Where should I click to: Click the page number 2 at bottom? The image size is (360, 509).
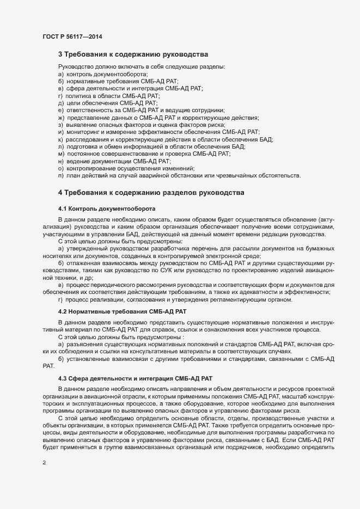tap(44, 463)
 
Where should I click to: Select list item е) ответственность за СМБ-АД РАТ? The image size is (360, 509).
tap(141, 110)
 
